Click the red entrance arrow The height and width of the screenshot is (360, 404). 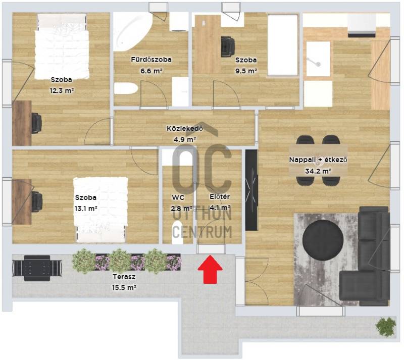(210, 269)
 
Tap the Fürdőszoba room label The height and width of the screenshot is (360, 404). (151, 60)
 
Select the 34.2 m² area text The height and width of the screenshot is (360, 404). (318, 171)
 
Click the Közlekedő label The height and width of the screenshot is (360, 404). (185, 128)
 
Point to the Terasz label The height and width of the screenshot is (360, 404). (124, 277)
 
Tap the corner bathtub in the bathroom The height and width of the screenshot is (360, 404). (132, 31)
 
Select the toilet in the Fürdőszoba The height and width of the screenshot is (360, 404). (126, 88)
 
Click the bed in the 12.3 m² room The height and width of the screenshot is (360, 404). (62, 46)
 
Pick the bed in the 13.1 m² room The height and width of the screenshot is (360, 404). (100, 210)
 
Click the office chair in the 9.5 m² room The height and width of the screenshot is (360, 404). (228, 46)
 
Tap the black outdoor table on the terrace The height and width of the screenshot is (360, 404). (37, 268)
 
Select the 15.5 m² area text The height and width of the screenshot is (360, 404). (124, 288)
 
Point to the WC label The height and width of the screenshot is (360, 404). (178, 197)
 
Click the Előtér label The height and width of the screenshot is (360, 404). (220, 196)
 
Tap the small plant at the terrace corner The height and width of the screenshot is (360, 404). (385, 327)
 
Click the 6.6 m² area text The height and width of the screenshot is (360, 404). (151, 71)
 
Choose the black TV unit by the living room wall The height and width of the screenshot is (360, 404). (251, 190)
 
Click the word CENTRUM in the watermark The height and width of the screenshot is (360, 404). (202, 232)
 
